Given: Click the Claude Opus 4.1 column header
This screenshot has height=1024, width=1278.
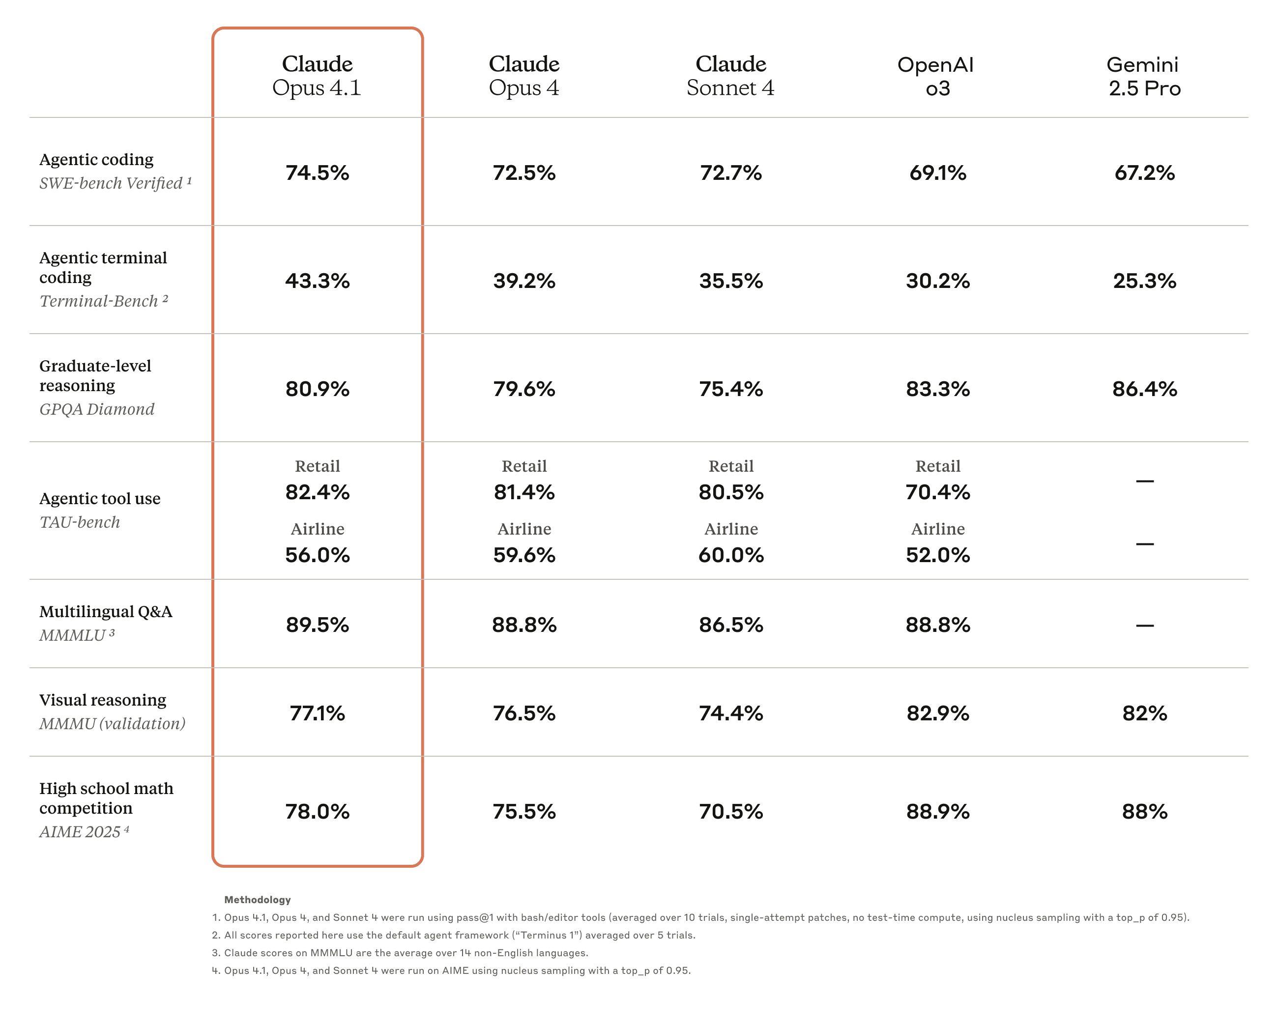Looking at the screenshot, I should (317, 76).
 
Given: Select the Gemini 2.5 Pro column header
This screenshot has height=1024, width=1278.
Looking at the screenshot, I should (1144, 76).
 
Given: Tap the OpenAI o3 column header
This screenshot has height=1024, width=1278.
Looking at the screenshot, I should (937, 76).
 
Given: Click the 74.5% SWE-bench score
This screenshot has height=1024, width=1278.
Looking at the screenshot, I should (317, 172).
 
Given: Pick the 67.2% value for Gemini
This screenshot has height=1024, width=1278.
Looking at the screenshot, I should (1144, 172).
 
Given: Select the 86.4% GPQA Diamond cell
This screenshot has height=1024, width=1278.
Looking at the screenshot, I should (1144, 389).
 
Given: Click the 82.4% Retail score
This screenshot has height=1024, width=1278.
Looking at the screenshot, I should (317, 492).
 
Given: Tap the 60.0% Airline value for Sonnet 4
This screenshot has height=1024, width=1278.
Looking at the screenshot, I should (731, 555).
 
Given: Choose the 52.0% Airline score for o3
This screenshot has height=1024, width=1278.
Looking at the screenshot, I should (937, 555).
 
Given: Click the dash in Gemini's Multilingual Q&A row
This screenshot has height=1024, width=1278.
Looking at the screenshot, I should (1144, 625).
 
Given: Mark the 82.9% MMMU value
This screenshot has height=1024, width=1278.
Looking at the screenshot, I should (937, 713).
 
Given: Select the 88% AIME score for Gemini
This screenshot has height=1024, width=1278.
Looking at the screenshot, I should (1144, 811).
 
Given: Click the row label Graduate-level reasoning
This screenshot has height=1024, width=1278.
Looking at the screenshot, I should (95, 375).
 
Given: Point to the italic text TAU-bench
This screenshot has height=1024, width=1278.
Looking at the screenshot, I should (80, 522).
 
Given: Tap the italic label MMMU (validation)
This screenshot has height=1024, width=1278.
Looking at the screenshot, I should (112, 724).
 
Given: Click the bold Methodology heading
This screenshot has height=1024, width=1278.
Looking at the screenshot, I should (257, 900).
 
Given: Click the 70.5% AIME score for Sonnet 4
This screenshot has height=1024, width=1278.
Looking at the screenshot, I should (731, 811).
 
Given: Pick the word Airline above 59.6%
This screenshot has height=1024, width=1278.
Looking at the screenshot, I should (524, 529).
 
